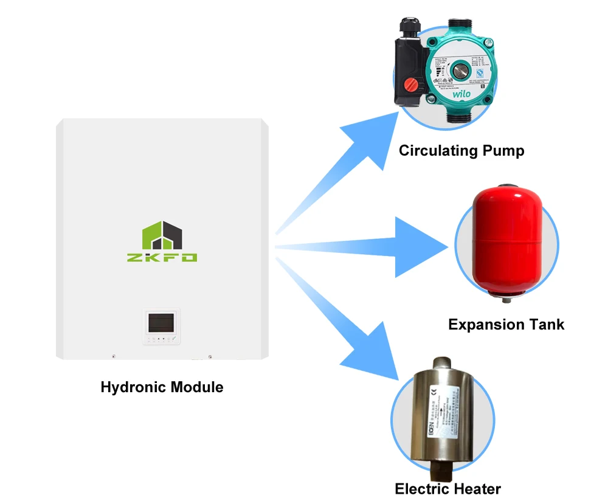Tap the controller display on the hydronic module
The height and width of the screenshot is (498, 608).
[161, 322]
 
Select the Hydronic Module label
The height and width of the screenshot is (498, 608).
[162, 387]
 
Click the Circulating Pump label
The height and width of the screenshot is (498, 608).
[461, 150]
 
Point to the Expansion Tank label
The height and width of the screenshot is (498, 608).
[506, 324]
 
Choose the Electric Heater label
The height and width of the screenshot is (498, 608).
[447, 488]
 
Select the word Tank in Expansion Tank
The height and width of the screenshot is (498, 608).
[544, 324]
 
